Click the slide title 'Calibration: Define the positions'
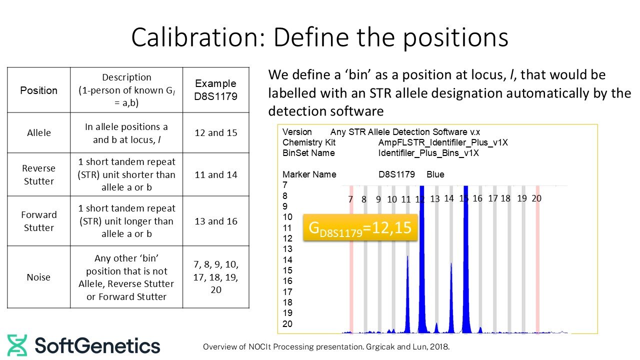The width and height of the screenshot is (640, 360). [319, 37]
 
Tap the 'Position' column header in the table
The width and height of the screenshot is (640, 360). [38, 90]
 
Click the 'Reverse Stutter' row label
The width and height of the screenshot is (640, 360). [38, 174]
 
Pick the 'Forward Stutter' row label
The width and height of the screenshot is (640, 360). [38, 221]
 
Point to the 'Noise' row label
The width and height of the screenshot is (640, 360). [38, 277]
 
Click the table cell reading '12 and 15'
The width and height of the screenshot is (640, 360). [215, 133]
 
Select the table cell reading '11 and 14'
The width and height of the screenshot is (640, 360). [215, 174]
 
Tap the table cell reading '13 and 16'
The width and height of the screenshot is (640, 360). [215, 221]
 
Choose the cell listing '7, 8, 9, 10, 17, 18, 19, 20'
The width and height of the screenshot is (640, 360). [215, 277]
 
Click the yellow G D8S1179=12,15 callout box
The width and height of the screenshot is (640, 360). [360, 227]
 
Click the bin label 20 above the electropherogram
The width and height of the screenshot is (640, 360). [536, 198]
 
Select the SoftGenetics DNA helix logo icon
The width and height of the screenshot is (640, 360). [17, 345]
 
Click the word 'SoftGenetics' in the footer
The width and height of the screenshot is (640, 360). [97, 346]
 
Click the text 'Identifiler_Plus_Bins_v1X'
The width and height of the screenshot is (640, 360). [428, 153]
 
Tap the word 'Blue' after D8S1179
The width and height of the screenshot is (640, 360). [435, 174]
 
